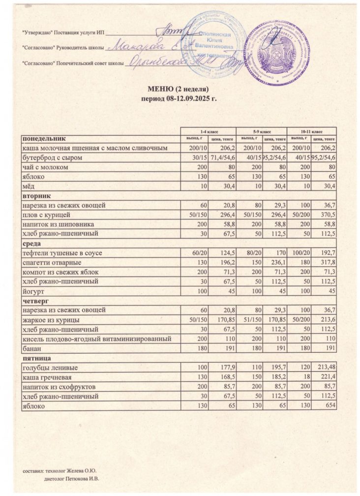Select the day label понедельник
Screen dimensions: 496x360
click(42, 138)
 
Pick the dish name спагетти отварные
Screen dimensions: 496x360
click(53, 262)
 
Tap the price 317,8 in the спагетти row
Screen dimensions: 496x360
click(327, 262)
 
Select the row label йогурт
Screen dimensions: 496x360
click(31, 291)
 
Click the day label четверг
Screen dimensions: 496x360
click(33, 300)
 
